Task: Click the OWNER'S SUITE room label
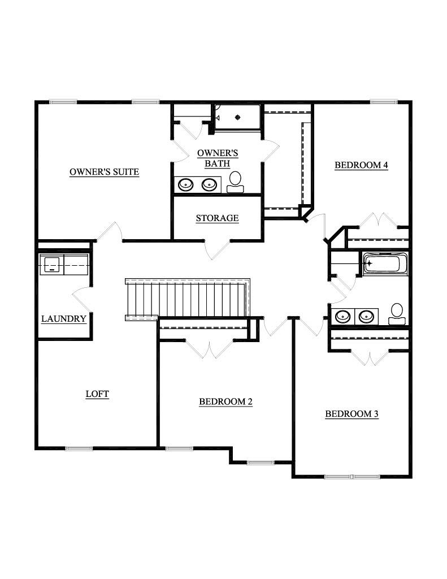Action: point(104,172)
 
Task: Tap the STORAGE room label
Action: point(217,218)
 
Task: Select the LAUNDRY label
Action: point(64,319)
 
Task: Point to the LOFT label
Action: point(97,394)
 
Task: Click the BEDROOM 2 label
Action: point(225,402)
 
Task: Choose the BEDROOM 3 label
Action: point(351,414)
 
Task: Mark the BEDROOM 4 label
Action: point(361,166)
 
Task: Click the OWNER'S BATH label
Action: point(218,158)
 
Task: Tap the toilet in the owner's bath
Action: point(235,182)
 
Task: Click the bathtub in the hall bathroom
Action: point(385,263)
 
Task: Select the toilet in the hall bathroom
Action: point(397,314)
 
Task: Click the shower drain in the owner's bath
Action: point(237,118)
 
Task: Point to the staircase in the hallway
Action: point(186,299)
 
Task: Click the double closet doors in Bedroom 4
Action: point(375,221)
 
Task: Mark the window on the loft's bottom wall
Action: point(79,448)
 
